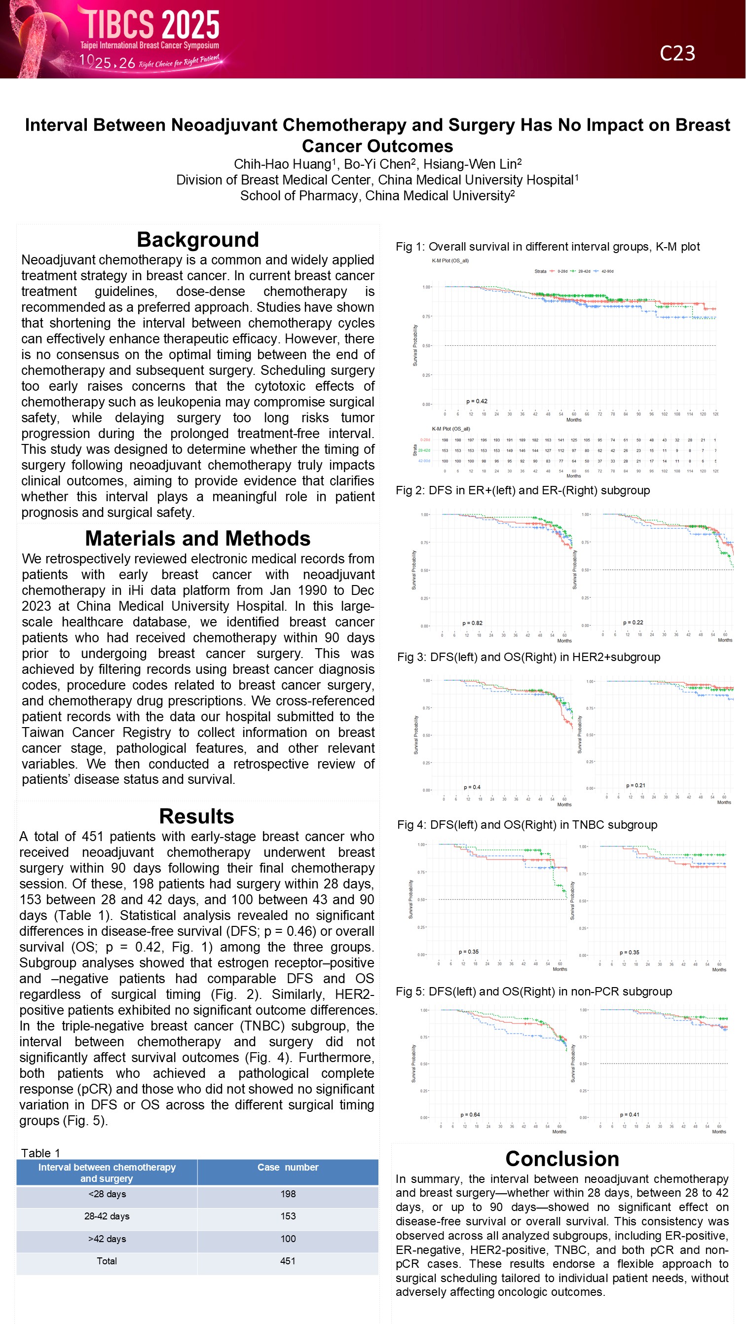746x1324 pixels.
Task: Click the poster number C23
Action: click(677, 53)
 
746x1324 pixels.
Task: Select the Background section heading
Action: click(197, 240)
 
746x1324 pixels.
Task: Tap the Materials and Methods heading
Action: click(197, 538)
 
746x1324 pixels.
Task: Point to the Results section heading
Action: click(196, 816)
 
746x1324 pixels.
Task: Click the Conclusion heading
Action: click(562, 1159)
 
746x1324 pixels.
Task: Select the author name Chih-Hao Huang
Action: click(282, 164)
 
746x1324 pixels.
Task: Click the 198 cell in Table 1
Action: click(288, 1194)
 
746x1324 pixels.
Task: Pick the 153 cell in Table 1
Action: click(288, 1216)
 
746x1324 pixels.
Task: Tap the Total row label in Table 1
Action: click(107, 1261)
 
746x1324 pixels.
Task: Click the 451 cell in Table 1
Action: click(288, 1261)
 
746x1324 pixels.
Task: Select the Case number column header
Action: click(288, 1167)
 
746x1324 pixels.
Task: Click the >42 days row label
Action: click(107, 1239)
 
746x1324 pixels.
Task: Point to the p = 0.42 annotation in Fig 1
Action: click(477, 402)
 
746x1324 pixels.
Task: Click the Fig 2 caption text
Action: click(522, 490)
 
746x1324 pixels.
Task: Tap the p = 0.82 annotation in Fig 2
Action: click(472, 623)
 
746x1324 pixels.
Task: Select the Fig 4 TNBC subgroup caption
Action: click(527, 825)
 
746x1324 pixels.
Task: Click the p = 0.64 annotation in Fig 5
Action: click(470, 1115)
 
